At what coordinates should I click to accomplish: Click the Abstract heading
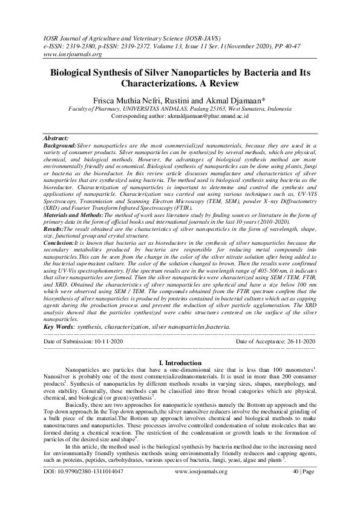(57, 138)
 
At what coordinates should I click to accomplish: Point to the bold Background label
(61, 145)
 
